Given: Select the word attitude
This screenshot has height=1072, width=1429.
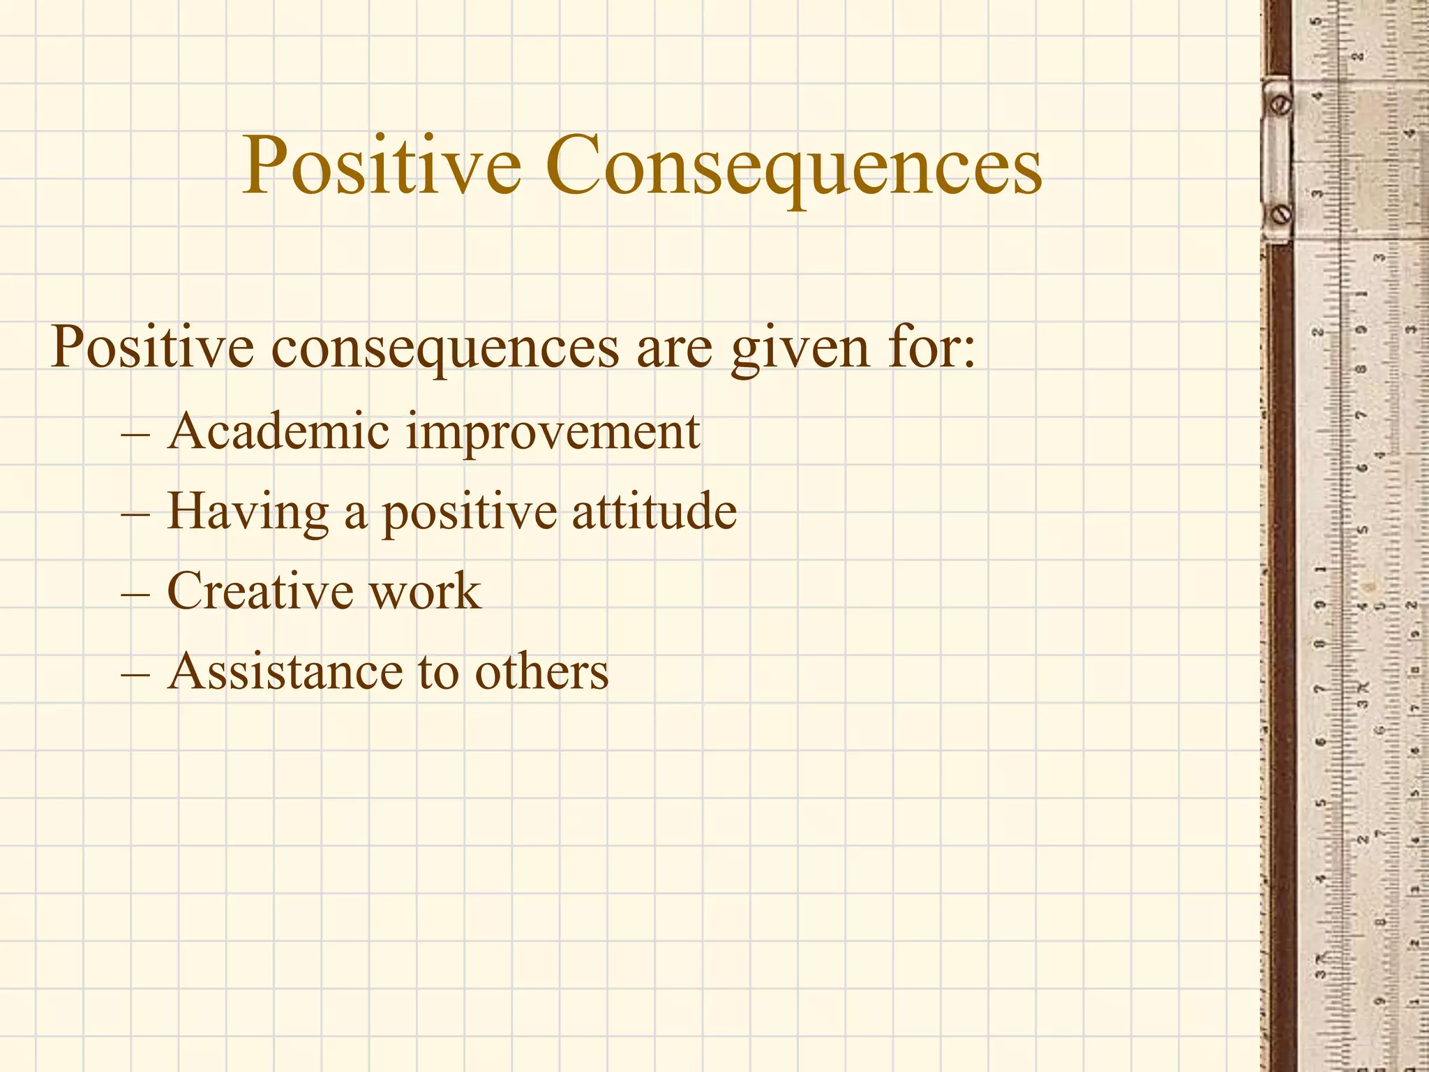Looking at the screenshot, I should (x=654, y=512).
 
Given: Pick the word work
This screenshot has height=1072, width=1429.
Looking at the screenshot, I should (x=424, y=592).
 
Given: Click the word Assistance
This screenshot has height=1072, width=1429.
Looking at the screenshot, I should (x=285, y=671).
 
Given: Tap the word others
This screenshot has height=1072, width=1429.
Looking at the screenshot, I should (x=541, y=671).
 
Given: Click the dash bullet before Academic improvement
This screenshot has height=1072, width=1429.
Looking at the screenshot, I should (x=135, y=435).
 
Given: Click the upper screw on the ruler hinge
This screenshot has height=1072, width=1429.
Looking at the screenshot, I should (x=1282, y=105).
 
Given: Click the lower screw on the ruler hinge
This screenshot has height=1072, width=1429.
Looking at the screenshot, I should (x=1282, y=214).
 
